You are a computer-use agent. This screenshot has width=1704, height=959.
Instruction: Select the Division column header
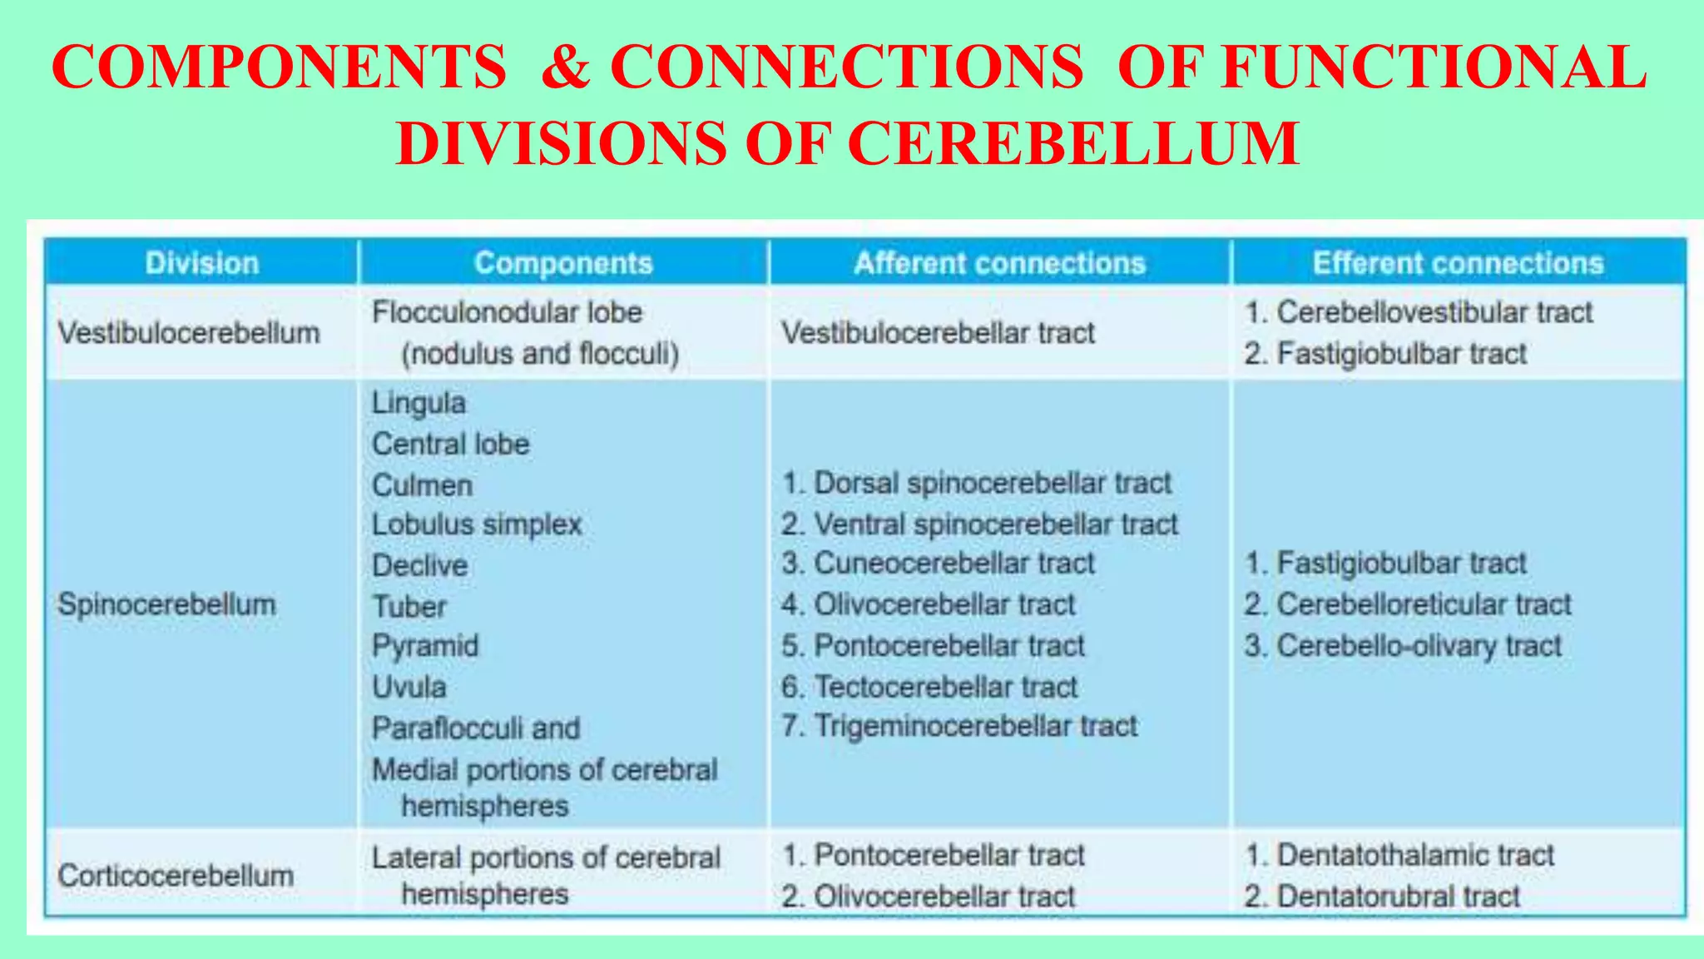tap(202, 263)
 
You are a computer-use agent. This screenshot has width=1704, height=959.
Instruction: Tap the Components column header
tap(563, 263)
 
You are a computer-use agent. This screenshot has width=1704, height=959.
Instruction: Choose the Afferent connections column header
tap(999, 263)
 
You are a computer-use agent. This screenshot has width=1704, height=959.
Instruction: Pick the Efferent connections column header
tap(1458, 263)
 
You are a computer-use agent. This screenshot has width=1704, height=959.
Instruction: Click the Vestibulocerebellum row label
tap(189, 333)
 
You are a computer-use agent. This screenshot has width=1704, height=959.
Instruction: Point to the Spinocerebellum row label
tap(166, 604)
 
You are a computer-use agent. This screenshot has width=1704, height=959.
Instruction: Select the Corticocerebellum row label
tap(176, 876)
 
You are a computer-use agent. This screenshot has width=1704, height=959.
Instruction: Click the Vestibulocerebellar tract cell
tap(938, 333)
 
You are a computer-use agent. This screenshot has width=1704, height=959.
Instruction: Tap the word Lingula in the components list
tap(419, 403)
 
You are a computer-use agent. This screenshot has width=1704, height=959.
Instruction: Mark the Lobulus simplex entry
tap(477, 524)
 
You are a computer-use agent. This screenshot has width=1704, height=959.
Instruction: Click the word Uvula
tap(409, 687)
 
